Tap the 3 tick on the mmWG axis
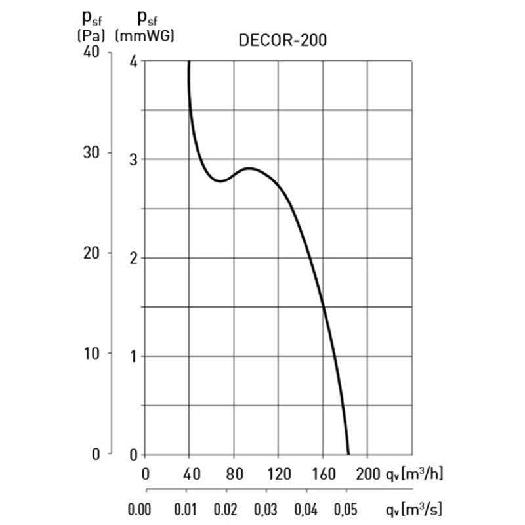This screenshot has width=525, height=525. (134, 159)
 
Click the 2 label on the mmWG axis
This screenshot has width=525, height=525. (134, 258)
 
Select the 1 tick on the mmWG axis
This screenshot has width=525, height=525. (134, 356)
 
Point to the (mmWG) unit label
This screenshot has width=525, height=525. (144, 35)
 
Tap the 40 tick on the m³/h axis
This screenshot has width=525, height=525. (190, 472)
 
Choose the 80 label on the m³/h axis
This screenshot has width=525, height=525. (234, 472)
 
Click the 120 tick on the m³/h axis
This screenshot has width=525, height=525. (278, 472)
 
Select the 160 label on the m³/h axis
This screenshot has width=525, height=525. (322, 472)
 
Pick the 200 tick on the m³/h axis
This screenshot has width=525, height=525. (367, 472)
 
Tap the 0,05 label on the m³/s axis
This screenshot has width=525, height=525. (346, 509)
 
